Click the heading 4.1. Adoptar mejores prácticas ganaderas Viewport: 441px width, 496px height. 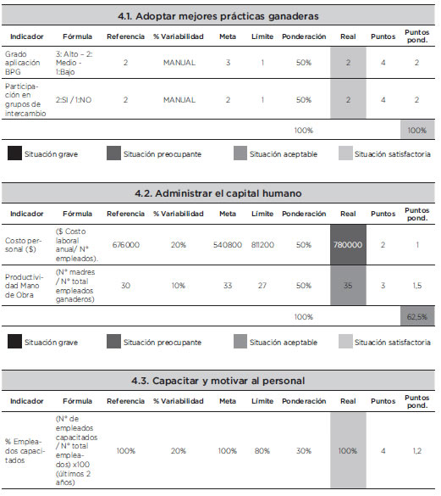click(218, 16)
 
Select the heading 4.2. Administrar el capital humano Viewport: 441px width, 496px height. click(218, 193)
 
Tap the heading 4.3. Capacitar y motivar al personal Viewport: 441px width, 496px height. click(218, 381)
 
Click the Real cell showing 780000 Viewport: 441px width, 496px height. click(348, 245)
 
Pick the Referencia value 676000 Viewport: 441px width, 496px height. click(126, 245)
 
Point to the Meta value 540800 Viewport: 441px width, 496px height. click(228, 245)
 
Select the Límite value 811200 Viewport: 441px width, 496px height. click(262, 245)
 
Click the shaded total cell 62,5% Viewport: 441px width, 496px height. click(417, 316)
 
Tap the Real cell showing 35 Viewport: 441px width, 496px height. click(348, 286)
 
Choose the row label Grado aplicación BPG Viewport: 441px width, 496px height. click(22, 63)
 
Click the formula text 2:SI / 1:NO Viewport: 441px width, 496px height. click(74, 100)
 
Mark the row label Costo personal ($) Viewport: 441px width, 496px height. click(23, 245)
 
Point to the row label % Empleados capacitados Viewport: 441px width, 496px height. click(25, 451)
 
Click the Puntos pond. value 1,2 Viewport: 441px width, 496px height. click(417, 451)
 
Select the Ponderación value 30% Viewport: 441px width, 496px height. click(304, 451)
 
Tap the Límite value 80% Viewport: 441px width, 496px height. click(262, 451)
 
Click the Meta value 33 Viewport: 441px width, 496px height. click(228, 286)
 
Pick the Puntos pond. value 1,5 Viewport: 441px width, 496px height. click(417, 286)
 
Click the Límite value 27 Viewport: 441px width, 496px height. click(262, 286)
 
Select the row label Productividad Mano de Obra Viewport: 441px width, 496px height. click(24, 286)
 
